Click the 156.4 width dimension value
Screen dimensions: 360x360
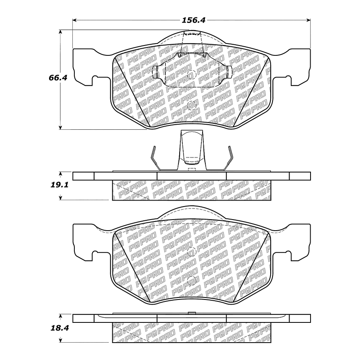coord(193,20)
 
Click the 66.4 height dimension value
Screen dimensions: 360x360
coord(58,78)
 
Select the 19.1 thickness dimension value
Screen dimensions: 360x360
coord(60,185)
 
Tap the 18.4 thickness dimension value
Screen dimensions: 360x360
coord(60,328)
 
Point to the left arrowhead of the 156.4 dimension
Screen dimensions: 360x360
coord(74,20)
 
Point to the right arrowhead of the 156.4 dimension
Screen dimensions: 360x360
coord(309,20)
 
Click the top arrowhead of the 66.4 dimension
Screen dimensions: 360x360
coord(61,32)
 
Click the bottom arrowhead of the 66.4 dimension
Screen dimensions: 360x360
coord(61,127)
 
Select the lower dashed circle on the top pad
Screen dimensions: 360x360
coord(192,105)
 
